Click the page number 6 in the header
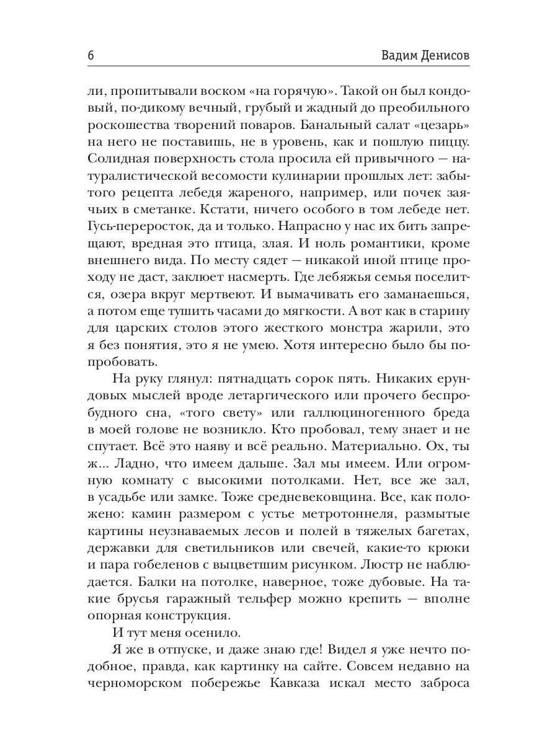coord(91,55)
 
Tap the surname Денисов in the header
coord(442,55)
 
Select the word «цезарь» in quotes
coord(440,126)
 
